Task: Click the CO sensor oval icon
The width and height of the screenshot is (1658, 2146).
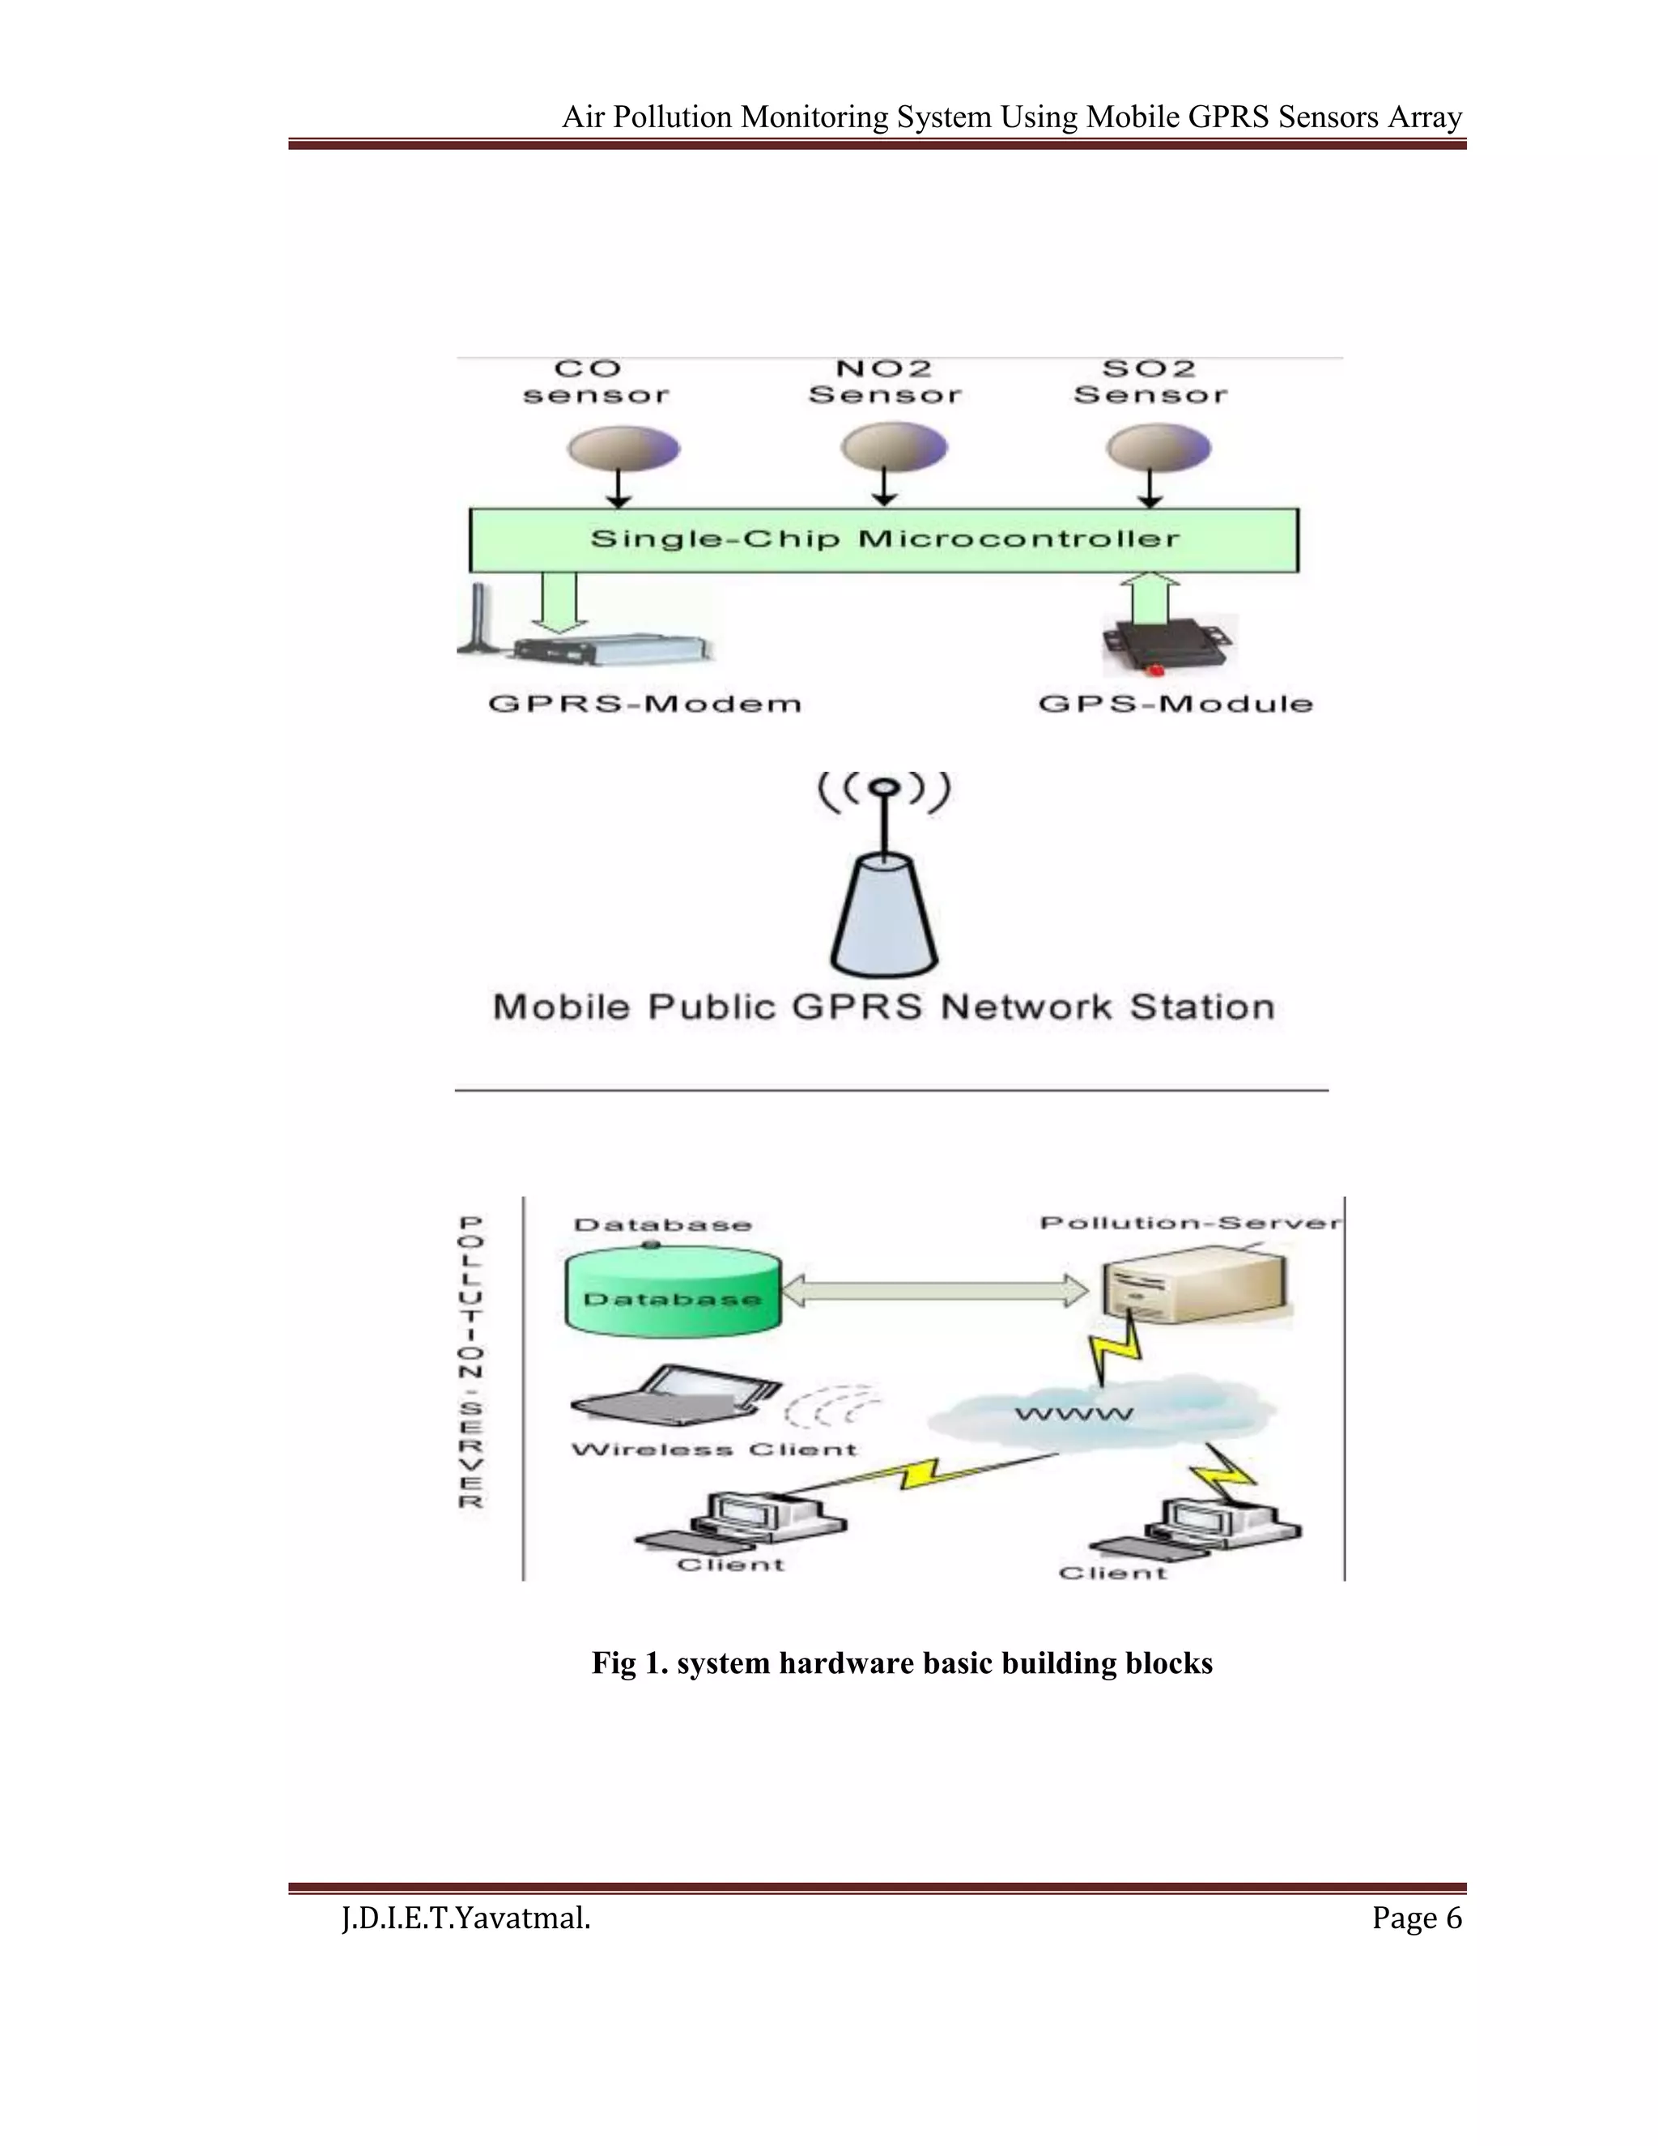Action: [623, 450]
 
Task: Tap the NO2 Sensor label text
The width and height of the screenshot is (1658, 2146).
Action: [884, 382]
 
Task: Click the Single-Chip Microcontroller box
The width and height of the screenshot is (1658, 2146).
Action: [883, 539]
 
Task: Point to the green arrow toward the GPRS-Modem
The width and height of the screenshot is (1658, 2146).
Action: [558, 602]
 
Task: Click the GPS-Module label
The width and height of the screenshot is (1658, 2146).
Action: [1175, 704]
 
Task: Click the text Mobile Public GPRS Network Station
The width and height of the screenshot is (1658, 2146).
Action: [883, 1007]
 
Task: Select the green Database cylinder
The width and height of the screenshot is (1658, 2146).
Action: [673, 1293]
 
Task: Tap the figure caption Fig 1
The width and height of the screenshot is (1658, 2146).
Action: [902, 1663]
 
